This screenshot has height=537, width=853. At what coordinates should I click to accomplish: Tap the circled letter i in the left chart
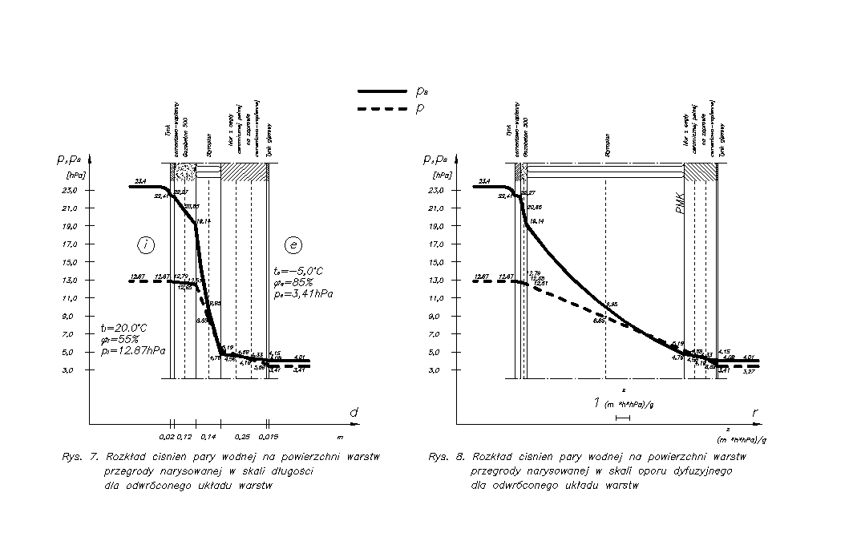(x=145, y=244)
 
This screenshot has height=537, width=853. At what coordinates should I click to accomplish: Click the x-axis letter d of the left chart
(x=353, y=412)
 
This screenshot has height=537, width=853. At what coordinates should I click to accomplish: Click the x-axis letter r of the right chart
(x=754, y=412)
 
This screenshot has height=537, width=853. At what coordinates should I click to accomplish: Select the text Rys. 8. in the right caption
(x=446, y=457)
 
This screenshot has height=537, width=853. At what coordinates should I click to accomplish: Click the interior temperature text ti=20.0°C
(x=123, y=327)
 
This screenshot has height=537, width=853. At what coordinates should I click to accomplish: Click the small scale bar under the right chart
(x=623, y=418)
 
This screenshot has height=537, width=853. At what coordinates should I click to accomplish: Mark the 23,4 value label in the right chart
(x=484, y=182)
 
